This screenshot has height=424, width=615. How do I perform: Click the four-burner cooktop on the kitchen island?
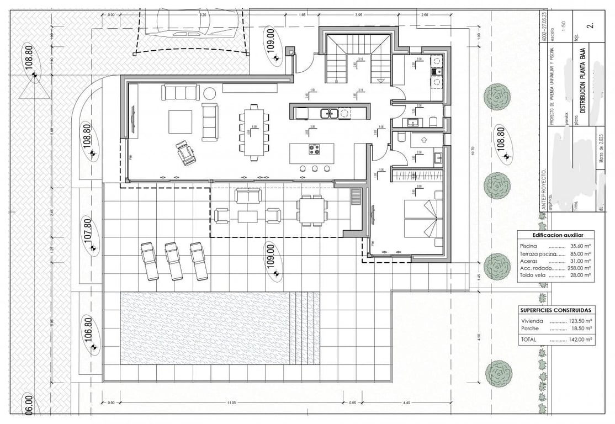tap(315, 149)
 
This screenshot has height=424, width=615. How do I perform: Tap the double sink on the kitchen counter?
tap(330, 114)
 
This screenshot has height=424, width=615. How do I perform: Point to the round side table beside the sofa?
tap(210, 92)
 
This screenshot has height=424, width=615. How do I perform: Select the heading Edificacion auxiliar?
tap(556, 234)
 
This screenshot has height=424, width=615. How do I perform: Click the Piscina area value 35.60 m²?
tap(580, 246)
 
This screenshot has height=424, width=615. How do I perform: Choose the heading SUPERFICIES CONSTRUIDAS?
tap(556, 310)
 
